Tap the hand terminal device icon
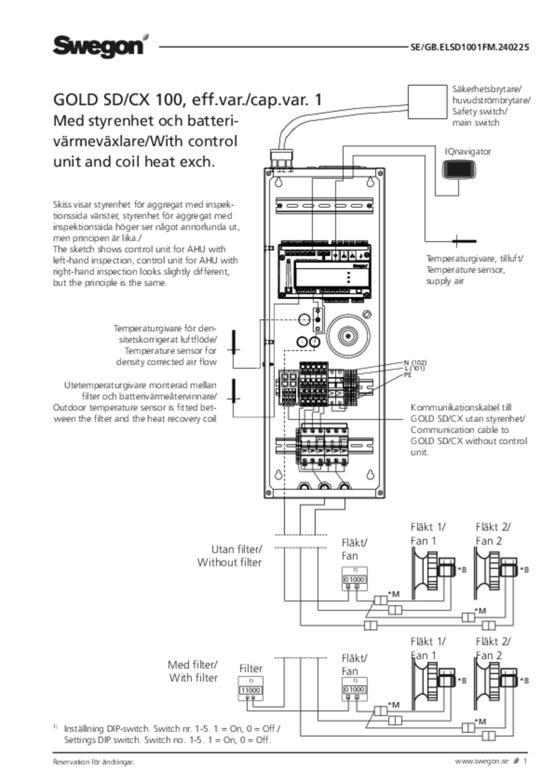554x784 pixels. tap(459, 169)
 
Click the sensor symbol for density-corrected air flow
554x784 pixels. tap(234, 350)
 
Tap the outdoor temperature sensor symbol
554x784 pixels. tap(234, 398)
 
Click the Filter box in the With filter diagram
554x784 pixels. tap(250, 687)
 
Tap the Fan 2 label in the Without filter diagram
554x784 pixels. tap(492, 540)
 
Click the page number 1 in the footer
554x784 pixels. tap(525, 761)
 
